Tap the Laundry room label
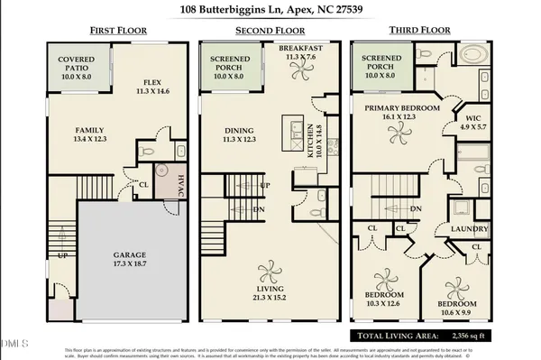pos(470,229)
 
